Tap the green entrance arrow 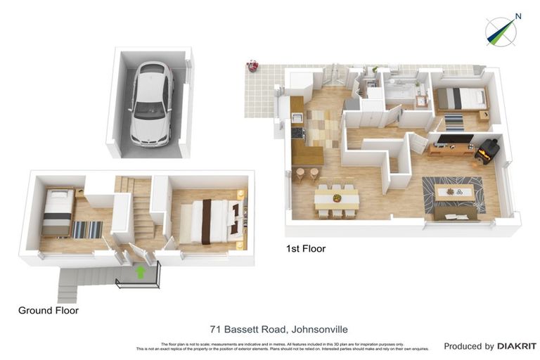pos(140,273)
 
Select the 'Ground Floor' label pos(49,310)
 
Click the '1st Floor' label pos(305,249)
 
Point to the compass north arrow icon pos(501,31)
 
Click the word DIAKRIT pos(517,346)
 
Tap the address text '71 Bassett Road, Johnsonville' pos(279,329)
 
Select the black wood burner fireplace pos(487,151)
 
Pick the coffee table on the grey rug pos(453,191)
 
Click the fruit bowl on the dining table pos(337,198)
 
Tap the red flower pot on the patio pos(251,67)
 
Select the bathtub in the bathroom pos(400,91)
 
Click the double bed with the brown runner pos(208,221)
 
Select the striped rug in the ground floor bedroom pos(87,229)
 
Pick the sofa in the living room pos(455,213)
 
